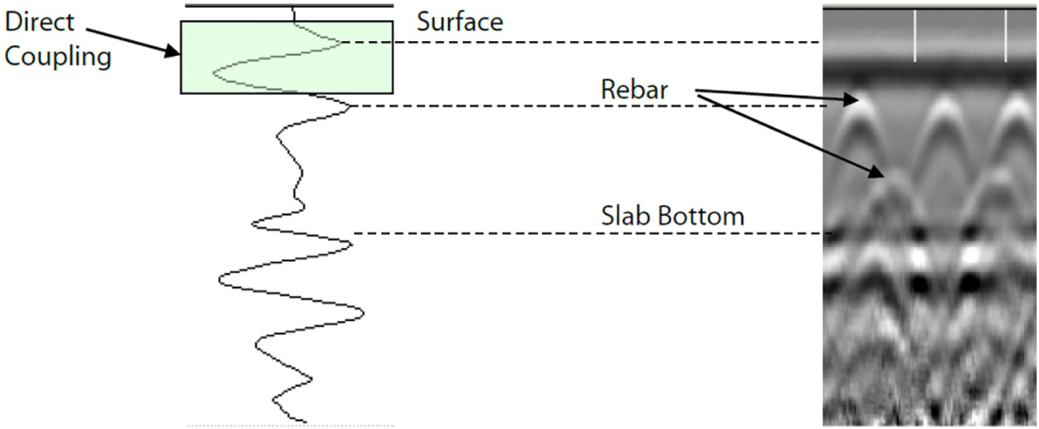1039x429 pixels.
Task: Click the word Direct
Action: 40,22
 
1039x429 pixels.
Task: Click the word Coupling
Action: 58,56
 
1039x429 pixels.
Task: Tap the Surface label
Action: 460,21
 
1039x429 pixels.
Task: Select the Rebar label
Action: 634,89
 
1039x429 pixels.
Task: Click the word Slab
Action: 626,215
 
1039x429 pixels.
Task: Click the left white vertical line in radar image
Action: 915,36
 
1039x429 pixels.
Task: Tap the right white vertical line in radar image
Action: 1006,36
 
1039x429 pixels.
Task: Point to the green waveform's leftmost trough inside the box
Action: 214,74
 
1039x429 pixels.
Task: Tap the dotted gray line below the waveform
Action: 290,425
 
